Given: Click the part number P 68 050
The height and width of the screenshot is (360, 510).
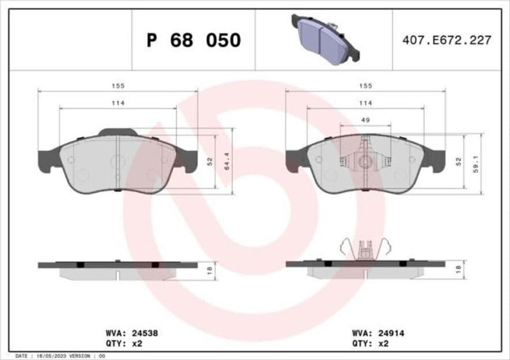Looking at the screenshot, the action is (x=194, y=40).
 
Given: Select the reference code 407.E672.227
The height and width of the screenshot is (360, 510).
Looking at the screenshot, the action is (x=447, y=40).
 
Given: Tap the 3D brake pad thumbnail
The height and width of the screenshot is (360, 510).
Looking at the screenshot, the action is (x=326, y=39).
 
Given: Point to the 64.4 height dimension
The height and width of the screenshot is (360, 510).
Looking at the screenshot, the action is (x=227, y=161).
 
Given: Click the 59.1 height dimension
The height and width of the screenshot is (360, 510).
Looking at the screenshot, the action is (x=476, y=164).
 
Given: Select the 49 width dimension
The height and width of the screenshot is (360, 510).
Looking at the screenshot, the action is (x=366, y=120).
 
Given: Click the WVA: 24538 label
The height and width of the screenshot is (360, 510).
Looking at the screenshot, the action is (x=132, y=333).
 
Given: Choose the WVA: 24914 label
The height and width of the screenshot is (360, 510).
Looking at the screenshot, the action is (x=379, y=333).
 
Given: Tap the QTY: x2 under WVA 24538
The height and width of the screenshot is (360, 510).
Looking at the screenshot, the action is (x=124, y=344).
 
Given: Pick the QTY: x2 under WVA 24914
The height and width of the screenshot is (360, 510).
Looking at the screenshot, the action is (x=370, y=344).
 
